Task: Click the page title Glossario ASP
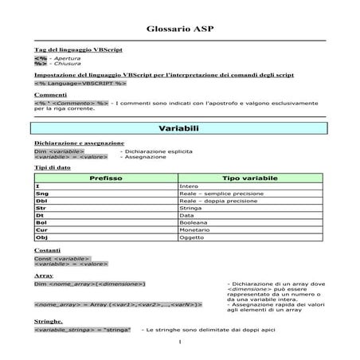pos(180,29)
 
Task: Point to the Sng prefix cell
pos(43,194)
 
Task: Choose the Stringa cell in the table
pos(189,208)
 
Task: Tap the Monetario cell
pos(193,229)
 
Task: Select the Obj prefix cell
pos(43,237)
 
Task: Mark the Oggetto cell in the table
pos(191,237)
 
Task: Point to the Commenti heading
pos(50,95)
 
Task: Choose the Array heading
pos(44,275)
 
